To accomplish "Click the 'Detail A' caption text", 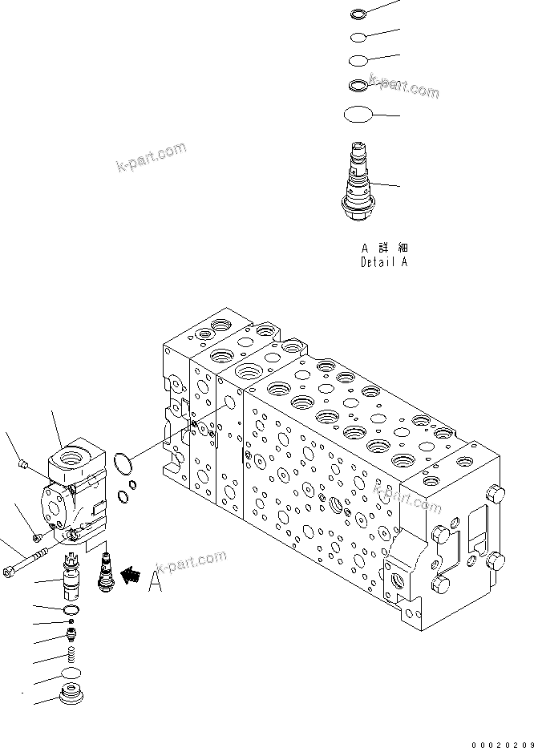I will pos(383,262).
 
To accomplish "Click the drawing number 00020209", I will pos(500,742).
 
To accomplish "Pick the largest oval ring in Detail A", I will pos(358,115).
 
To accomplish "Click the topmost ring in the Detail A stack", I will pos(358,13).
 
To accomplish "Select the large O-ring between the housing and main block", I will pos(123,463).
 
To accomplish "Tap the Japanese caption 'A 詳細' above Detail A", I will pos(383,248).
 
